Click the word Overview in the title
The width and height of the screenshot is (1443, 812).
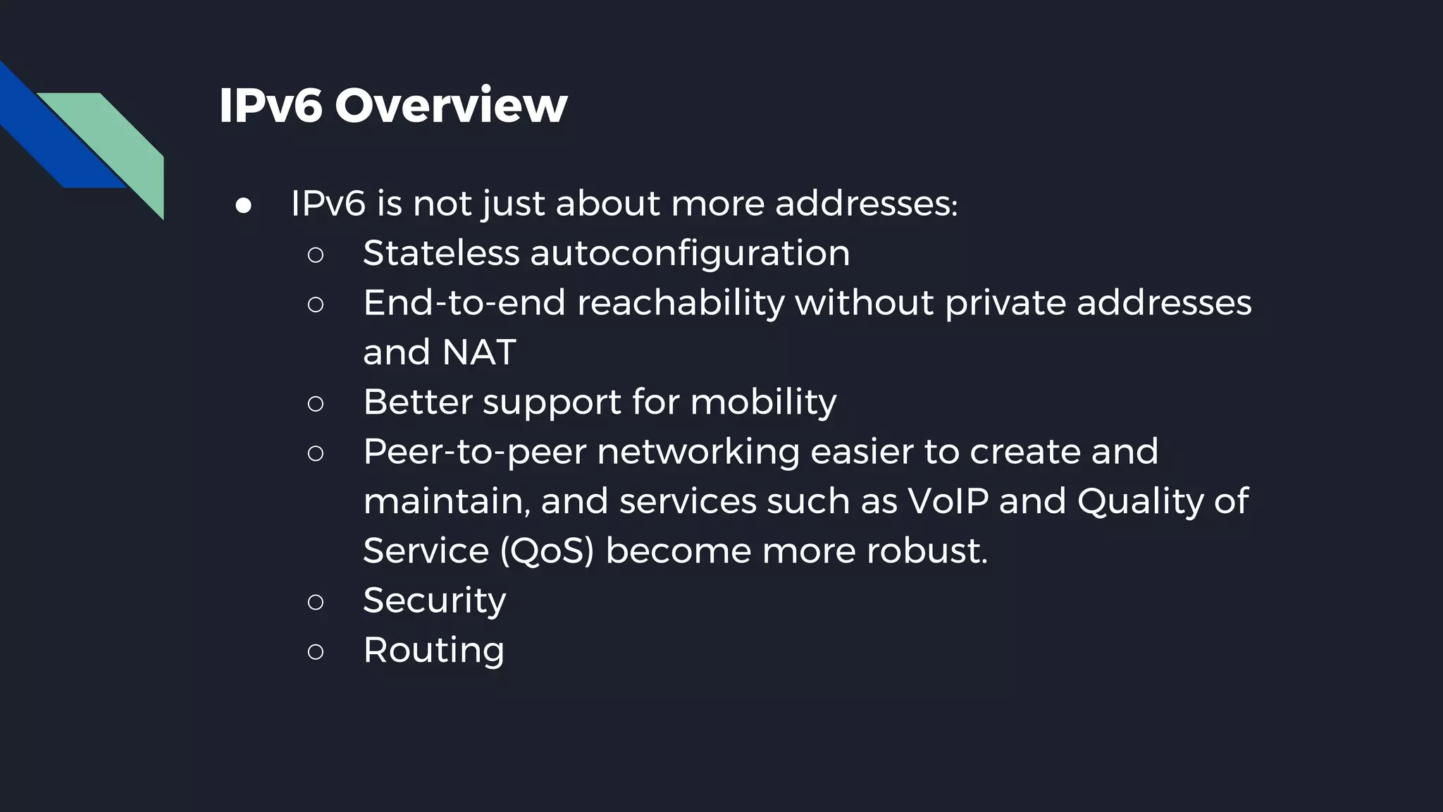tap(451, 106)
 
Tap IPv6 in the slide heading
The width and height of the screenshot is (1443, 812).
tap(271, 106)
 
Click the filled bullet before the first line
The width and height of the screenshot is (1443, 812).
tap(244, 205)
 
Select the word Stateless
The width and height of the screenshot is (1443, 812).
tap(441, 253)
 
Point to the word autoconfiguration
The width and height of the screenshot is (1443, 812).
tap(690, 253)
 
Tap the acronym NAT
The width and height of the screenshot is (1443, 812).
tap(479, 352)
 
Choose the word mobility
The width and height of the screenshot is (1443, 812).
tap(763, 402)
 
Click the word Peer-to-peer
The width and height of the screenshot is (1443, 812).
tap(474, 452)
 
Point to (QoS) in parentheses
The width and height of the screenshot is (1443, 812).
tap(547, 550)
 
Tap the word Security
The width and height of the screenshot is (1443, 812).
tap(434, 601)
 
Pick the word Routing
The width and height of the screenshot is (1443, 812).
tap(433, 650)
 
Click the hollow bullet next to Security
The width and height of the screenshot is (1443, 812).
tap(316, 602)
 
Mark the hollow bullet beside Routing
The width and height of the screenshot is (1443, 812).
tap(316, 651)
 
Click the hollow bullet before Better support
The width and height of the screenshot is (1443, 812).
tap(316, 404)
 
